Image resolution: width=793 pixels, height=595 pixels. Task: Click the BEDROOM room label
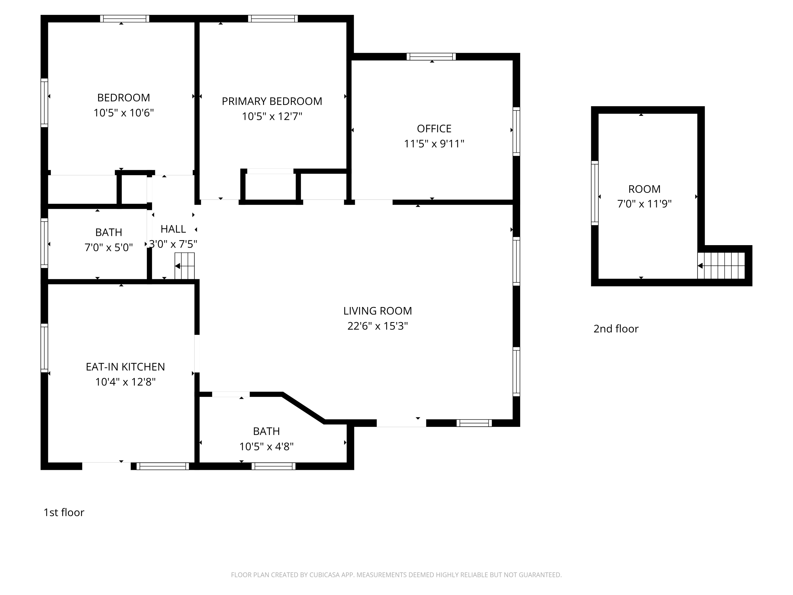click(x=123, y=98)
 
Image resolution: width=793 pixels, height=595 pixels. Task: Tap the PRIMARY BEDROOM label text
click(x=272, y=101)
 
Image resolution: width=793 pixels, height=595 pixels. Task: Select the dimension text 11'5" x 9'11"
click(x=434, y=144)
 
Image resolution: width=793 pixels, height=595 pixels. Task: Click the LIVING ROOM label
click(x=377, y=311)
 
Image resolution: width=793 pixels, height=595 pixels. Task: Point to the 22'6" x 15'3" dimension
click(x=377, y=326)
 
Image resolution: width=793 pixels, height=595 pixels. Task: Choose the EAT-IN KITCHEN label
click(x=125, y=367)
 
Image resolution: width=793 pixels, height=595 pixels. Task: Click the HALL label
click(x=173, y=229)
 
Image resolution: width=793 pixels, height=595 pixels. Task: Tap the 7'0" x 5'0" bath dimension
click(x=109, y=248)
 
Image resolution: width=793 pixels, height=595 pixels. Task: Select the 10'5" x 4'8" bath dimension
click(x=266, y=447)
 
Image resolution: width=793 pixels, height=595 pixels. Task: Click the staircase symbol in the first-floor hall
click(x=185, y=266)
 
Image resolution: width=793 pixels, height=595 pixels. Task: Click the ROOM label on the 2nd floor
click(x=644, y=189)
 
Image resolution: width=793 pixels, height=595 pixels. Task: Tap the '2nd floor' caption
click(x=616, y=329)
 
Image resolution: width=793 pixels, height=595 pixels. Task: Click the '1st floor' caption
click(x=64, y=512)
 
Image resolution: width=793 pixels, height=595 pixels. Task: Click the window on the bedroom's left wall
click(x=44, y=103)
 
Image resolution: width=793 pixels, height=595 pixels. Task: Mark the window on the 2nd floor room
click(x=594, y=193)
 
